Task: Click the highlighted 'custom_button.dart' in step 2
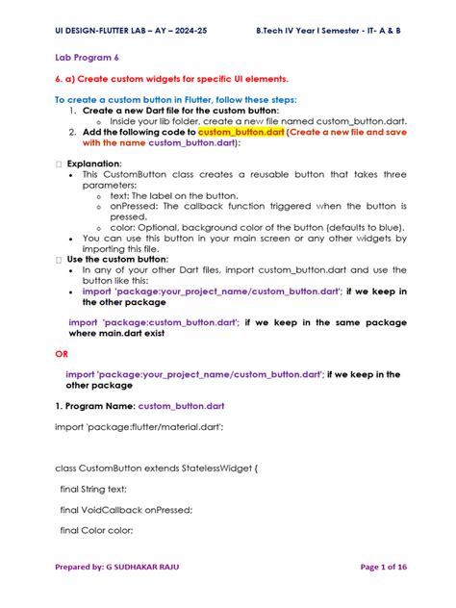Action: pos(241,132)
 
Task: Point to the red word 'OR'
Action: pos(62,353)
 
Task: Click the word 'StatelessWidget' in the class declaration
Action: pos(219,468)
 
